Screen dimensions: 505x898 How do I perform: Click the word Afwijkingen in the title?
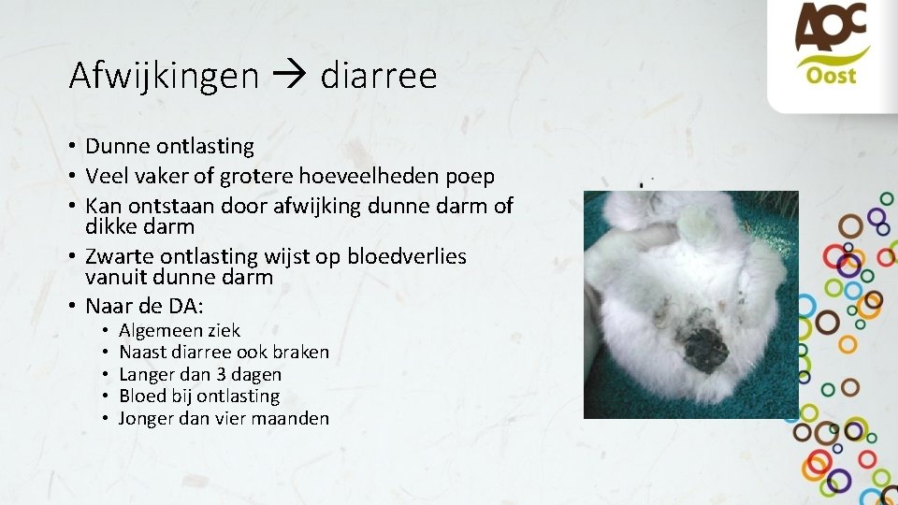[x=164, y=75]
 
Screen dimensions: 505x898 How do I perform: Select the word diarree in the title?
[x=378, y=75]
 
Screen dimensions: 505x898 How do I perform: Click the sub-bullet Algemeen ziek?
[x=180, y=330]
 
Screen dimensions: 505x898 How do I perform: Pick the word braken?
[x=300, y=353]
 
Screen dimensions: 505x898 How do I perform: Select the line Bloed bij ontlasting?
[x=199, y=397]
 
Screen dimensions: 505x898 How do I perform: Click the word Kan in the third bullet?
[x=102, y=205]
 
